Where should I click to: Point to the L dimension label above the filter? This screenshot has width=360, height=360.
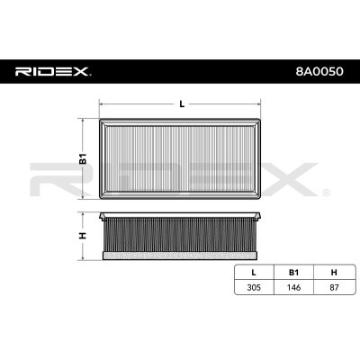point(182,104)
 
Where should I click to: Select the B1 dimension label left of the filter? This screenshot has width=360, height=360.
point(81,159)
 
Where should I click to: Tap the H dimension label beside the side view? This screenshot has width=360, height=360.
point(81,236)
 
